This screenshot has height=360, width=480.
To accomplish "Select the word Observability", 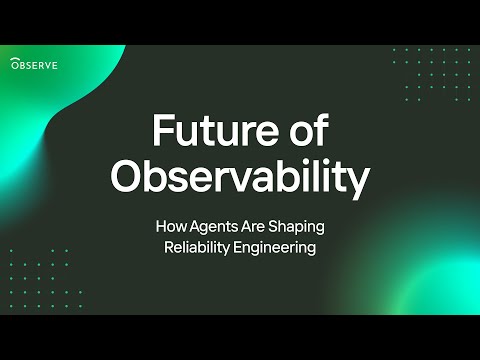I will pos(240,178).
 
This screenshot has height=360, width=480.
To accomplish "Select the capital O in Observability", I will pos(127,177).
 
